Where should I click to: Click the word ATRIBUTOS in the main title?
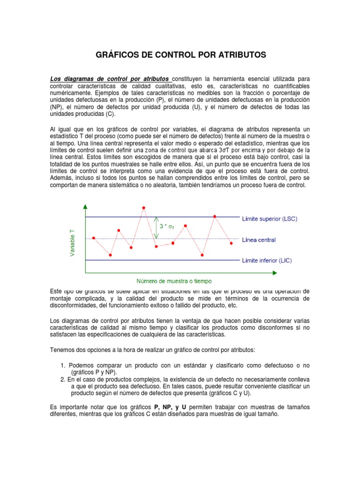241,55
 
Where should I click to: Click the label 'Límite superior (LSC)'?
269,219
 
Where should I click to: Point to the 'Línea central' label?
259,240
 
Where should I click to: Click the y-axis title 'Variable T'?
72,239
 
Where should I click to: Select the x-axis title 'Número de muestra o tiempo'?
173,281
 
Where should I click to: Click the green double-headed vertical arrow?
156,227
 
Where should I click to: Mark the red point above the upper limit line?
143,208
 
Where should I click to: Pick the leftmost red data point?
94,238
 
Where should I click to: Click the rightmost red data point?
231,243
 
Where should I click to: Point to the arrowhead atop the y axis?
85,207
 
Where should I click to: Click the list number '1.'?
63,365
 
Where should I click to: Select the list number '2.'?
63,379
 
